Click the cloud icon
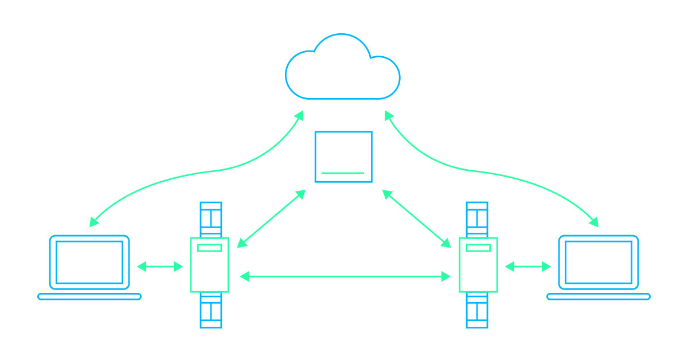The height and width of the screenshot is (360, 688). click(343, 69)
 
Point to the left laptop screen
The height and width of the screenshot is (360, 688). click(89, 262)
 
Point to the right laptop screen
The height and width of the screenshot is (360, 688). click(599, 262)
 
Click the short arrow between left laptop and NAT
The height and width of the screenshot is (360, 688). click(160, 266)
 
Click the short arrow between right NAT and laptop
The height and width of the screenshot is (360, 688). click(528, 266)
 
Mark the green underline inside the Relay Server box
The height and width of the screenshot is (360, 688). click(343, 173)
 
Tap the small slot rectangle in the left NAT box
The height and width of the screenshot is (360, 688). click(209, 248)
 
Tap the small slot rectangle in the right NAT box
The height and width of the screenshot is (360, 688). click(480, 248)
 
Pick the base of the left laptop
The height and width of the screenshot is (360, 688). click(89, 296)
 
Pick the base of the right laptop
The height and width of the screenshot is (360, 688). click(599, 296)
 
